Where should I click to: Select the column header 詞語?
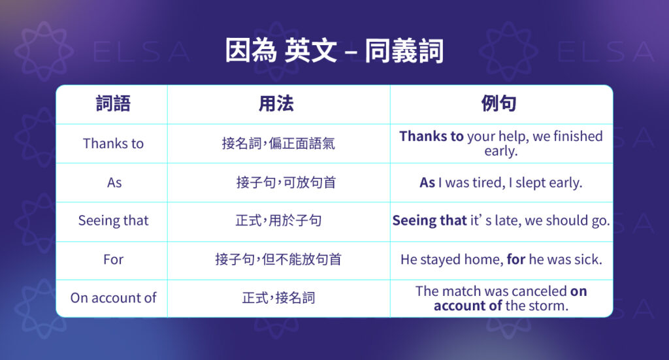[x=113, y=104]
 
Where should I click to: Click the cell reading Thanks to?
[x=113, y=144]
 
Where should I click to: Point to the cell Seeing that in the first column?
[x=113, y=221]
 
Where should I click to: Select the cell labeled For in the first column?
[x=113, y=259]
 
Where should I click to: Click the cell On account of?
[x=113, y=298]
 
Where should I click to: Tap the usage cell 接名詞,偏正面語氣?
[x=278, y=144]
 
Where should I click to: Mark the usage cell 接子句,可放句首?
[x=286, y=183]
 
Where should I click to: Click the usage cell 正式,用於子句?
[x=278, y=221]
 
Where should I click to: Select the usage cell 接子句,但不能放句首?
[x=278, y=259]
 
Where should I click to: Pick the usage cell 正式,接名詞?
[x=278, y=298]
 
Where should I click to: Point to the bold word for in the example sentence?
[x=516, y=259]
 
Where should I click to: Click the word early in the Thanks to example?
[x=501, y=152]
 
